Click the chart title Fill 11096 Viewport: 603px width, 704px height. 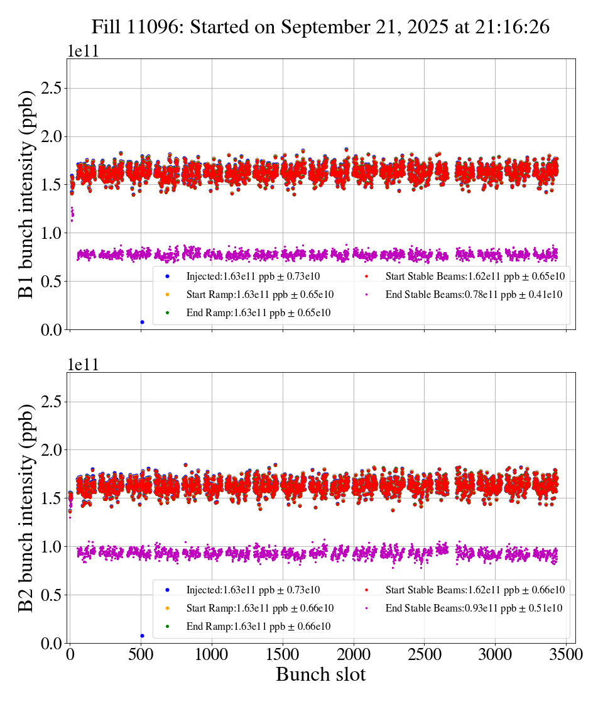tap(320, 27)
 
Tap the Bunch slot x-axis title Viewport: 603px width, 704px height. tap(320, 674)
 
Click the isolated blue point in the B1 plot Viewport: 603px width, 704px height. tap(142, 322)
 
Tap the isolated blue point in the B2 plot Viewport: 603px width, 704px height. tap(142, 635)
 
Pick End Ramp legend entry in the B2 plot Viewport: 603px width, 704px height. tap(258, 626)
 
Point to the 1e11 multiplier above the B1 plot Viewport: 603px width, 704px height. tap(83, 52)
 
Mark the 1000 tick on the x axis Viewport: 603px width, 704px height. tap(212, 654)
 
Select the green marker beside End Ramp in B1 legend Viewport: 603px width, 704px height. tap(167, 312)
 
